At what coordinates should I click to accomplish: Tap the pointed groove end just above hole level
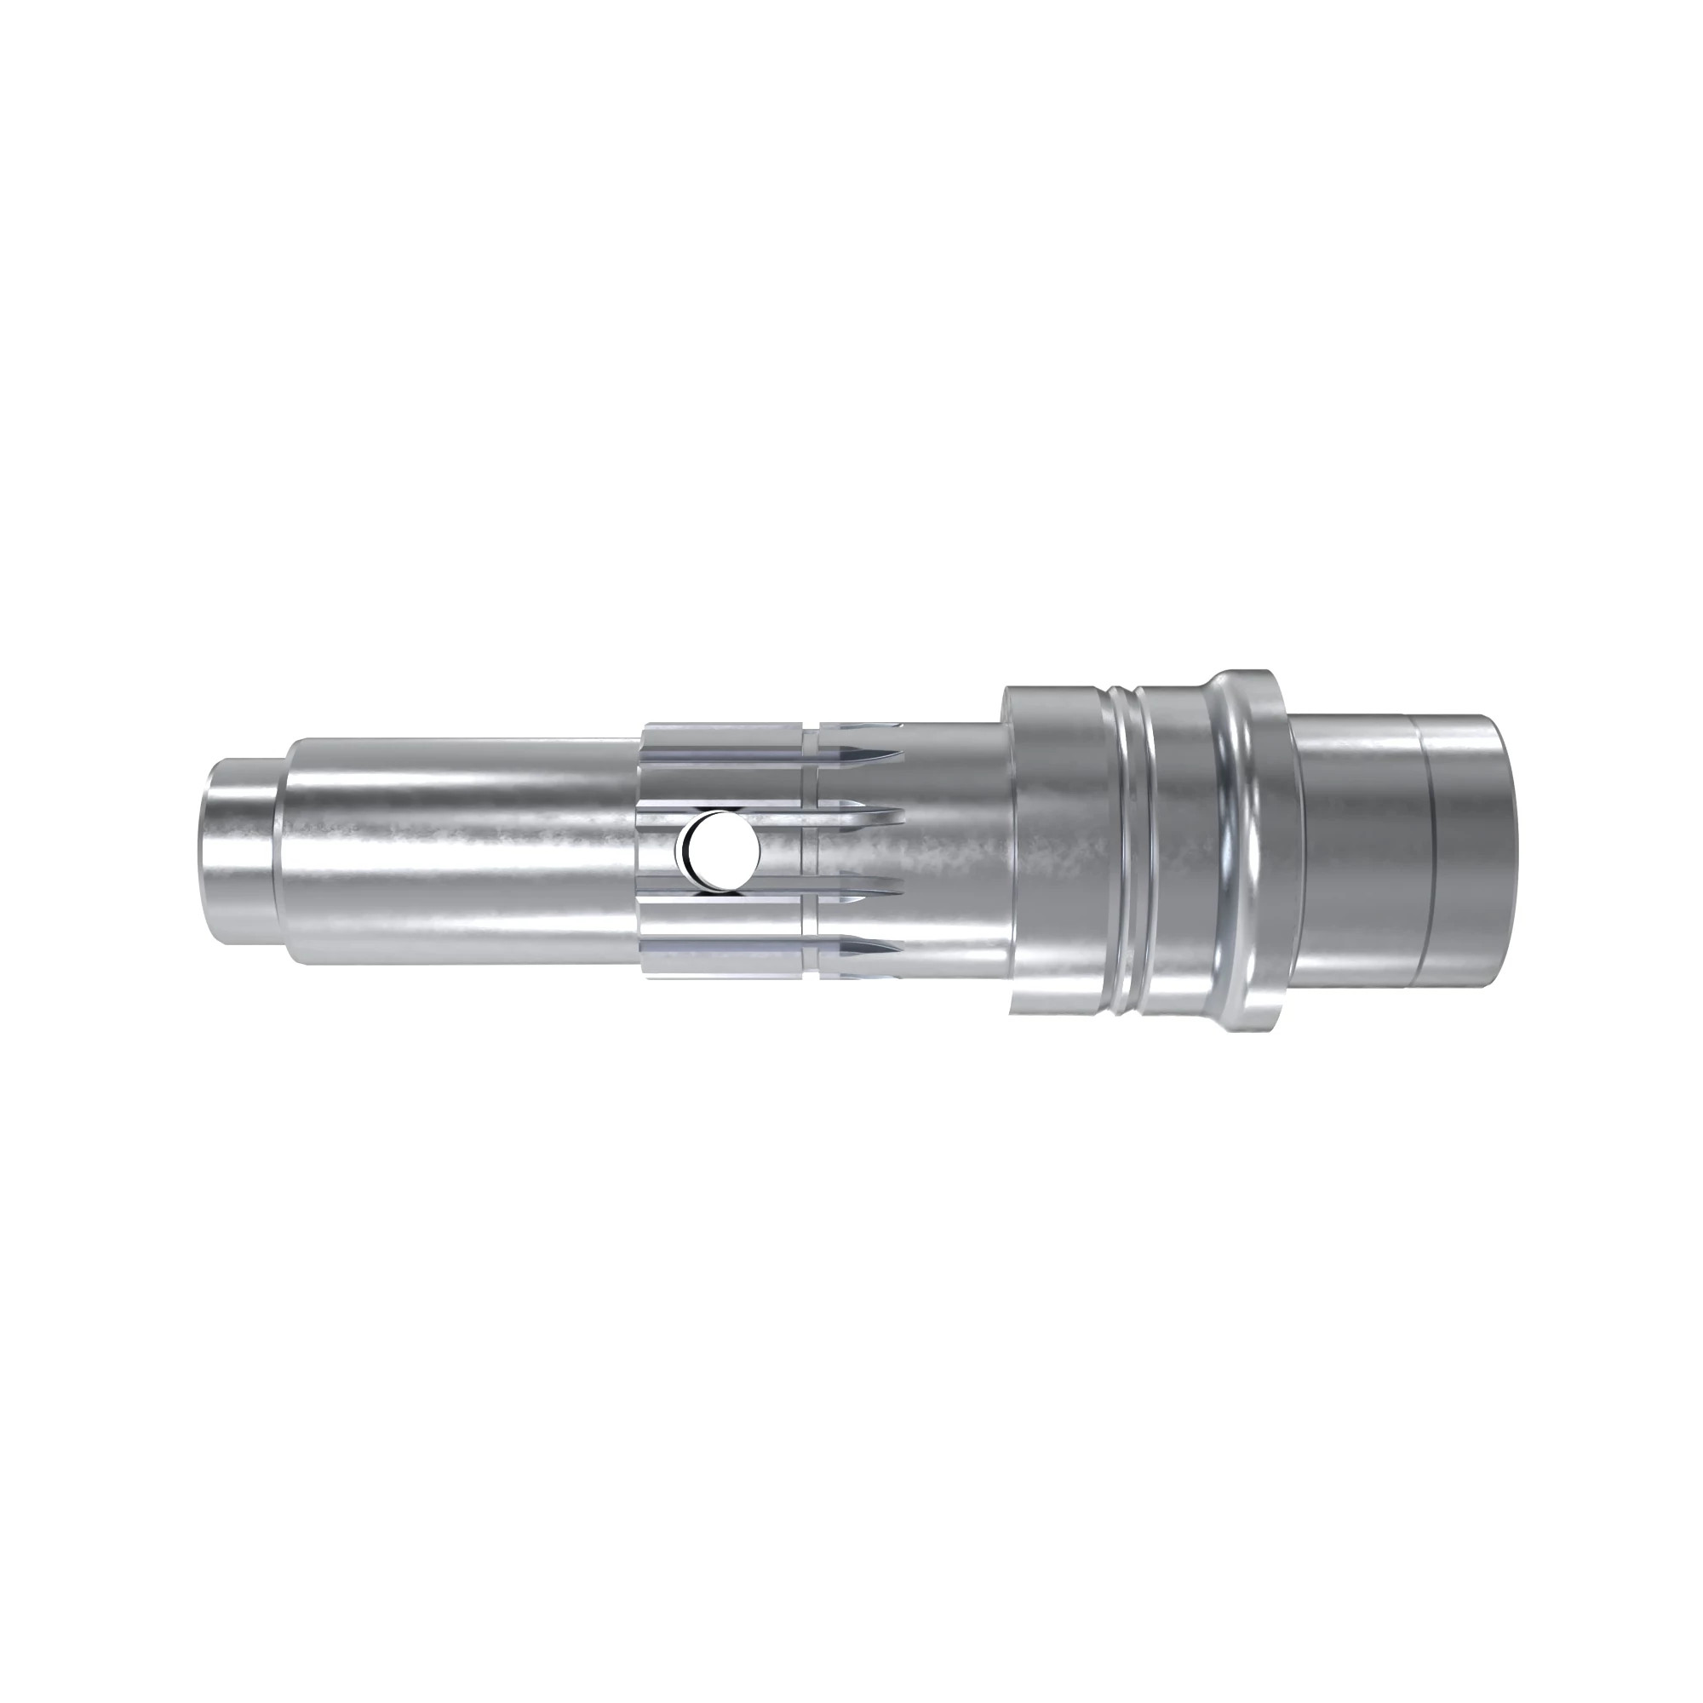pyautogui.click(x=899, y=809)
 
